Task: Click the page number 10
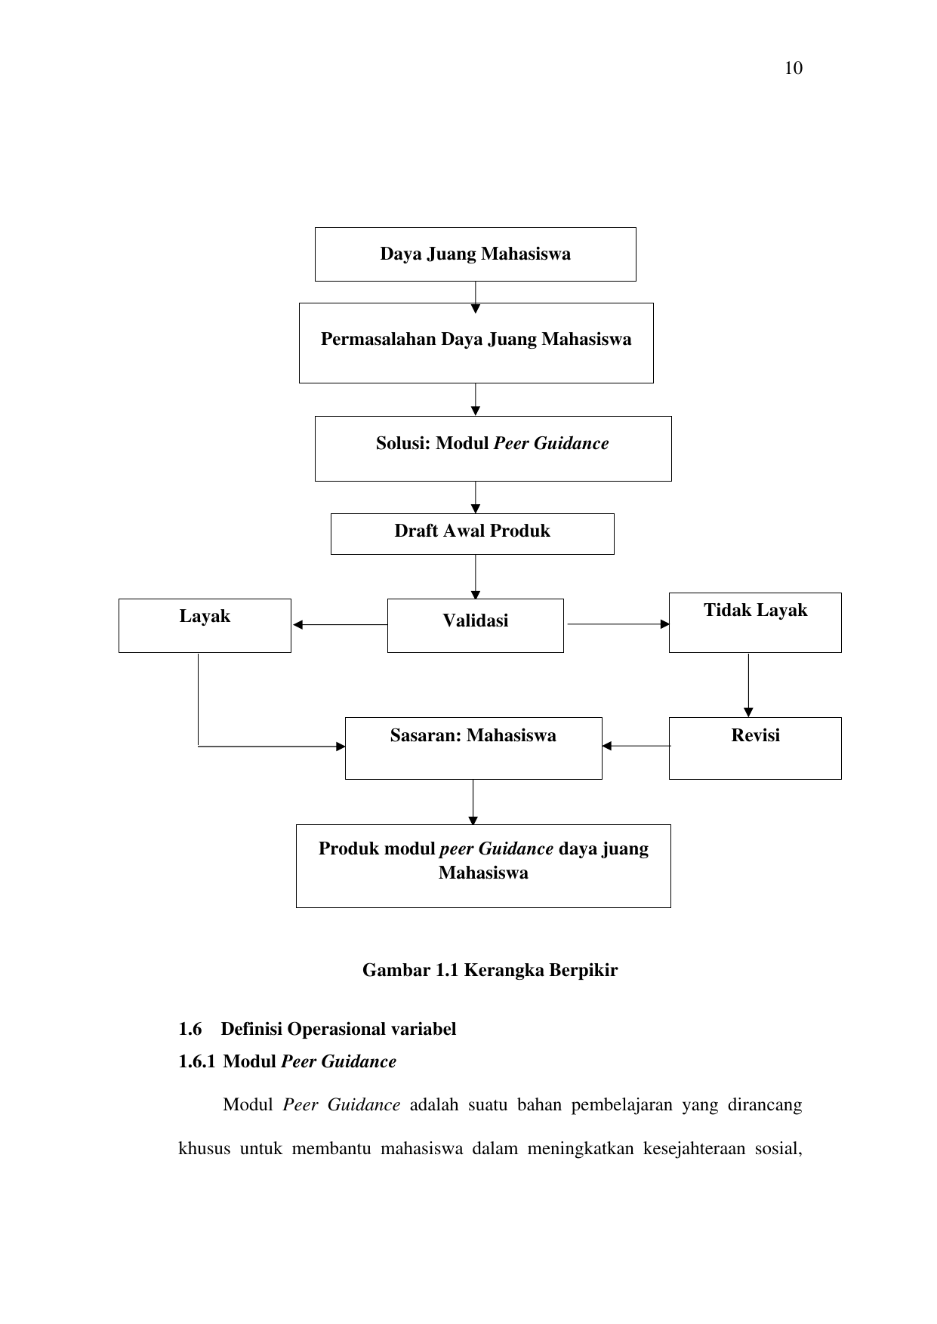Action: pos(794,69)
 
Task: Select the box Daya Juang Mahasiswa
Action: pos(475,254)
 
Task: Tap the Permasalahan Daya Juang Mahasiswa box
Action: pos(476,343)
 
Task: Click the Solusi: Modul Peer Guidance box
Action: pos(493,448)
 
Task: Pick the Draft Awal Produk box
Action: pos(472,534)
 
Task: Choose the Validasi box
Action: pos(475,625)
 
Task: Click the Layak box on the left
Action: pos(205,625)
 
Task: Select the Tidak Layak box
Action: pos(755,622)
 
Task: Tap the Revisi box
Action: pos(755,748)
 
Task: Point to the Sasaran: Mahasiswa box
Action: pos(473,748)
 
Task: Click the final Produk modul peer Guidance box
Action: pos(483,866)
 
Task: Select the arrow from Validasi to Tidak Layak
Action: pos(618,624)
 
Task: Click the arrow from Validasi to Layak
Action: pos(340,624)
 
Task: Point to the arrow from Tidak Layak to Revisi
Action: pos(748,685)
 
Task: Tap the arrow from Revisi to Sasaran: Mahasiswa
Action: pos(636,746)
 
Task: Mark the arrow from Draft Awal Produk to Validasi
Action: pos(476,577)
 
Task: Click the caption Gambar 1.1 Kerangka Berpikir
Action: pos(490,970)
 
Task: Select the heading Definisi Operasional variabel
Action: pos(338,1029)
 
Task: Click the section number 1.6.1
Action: pos(196,1062)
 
